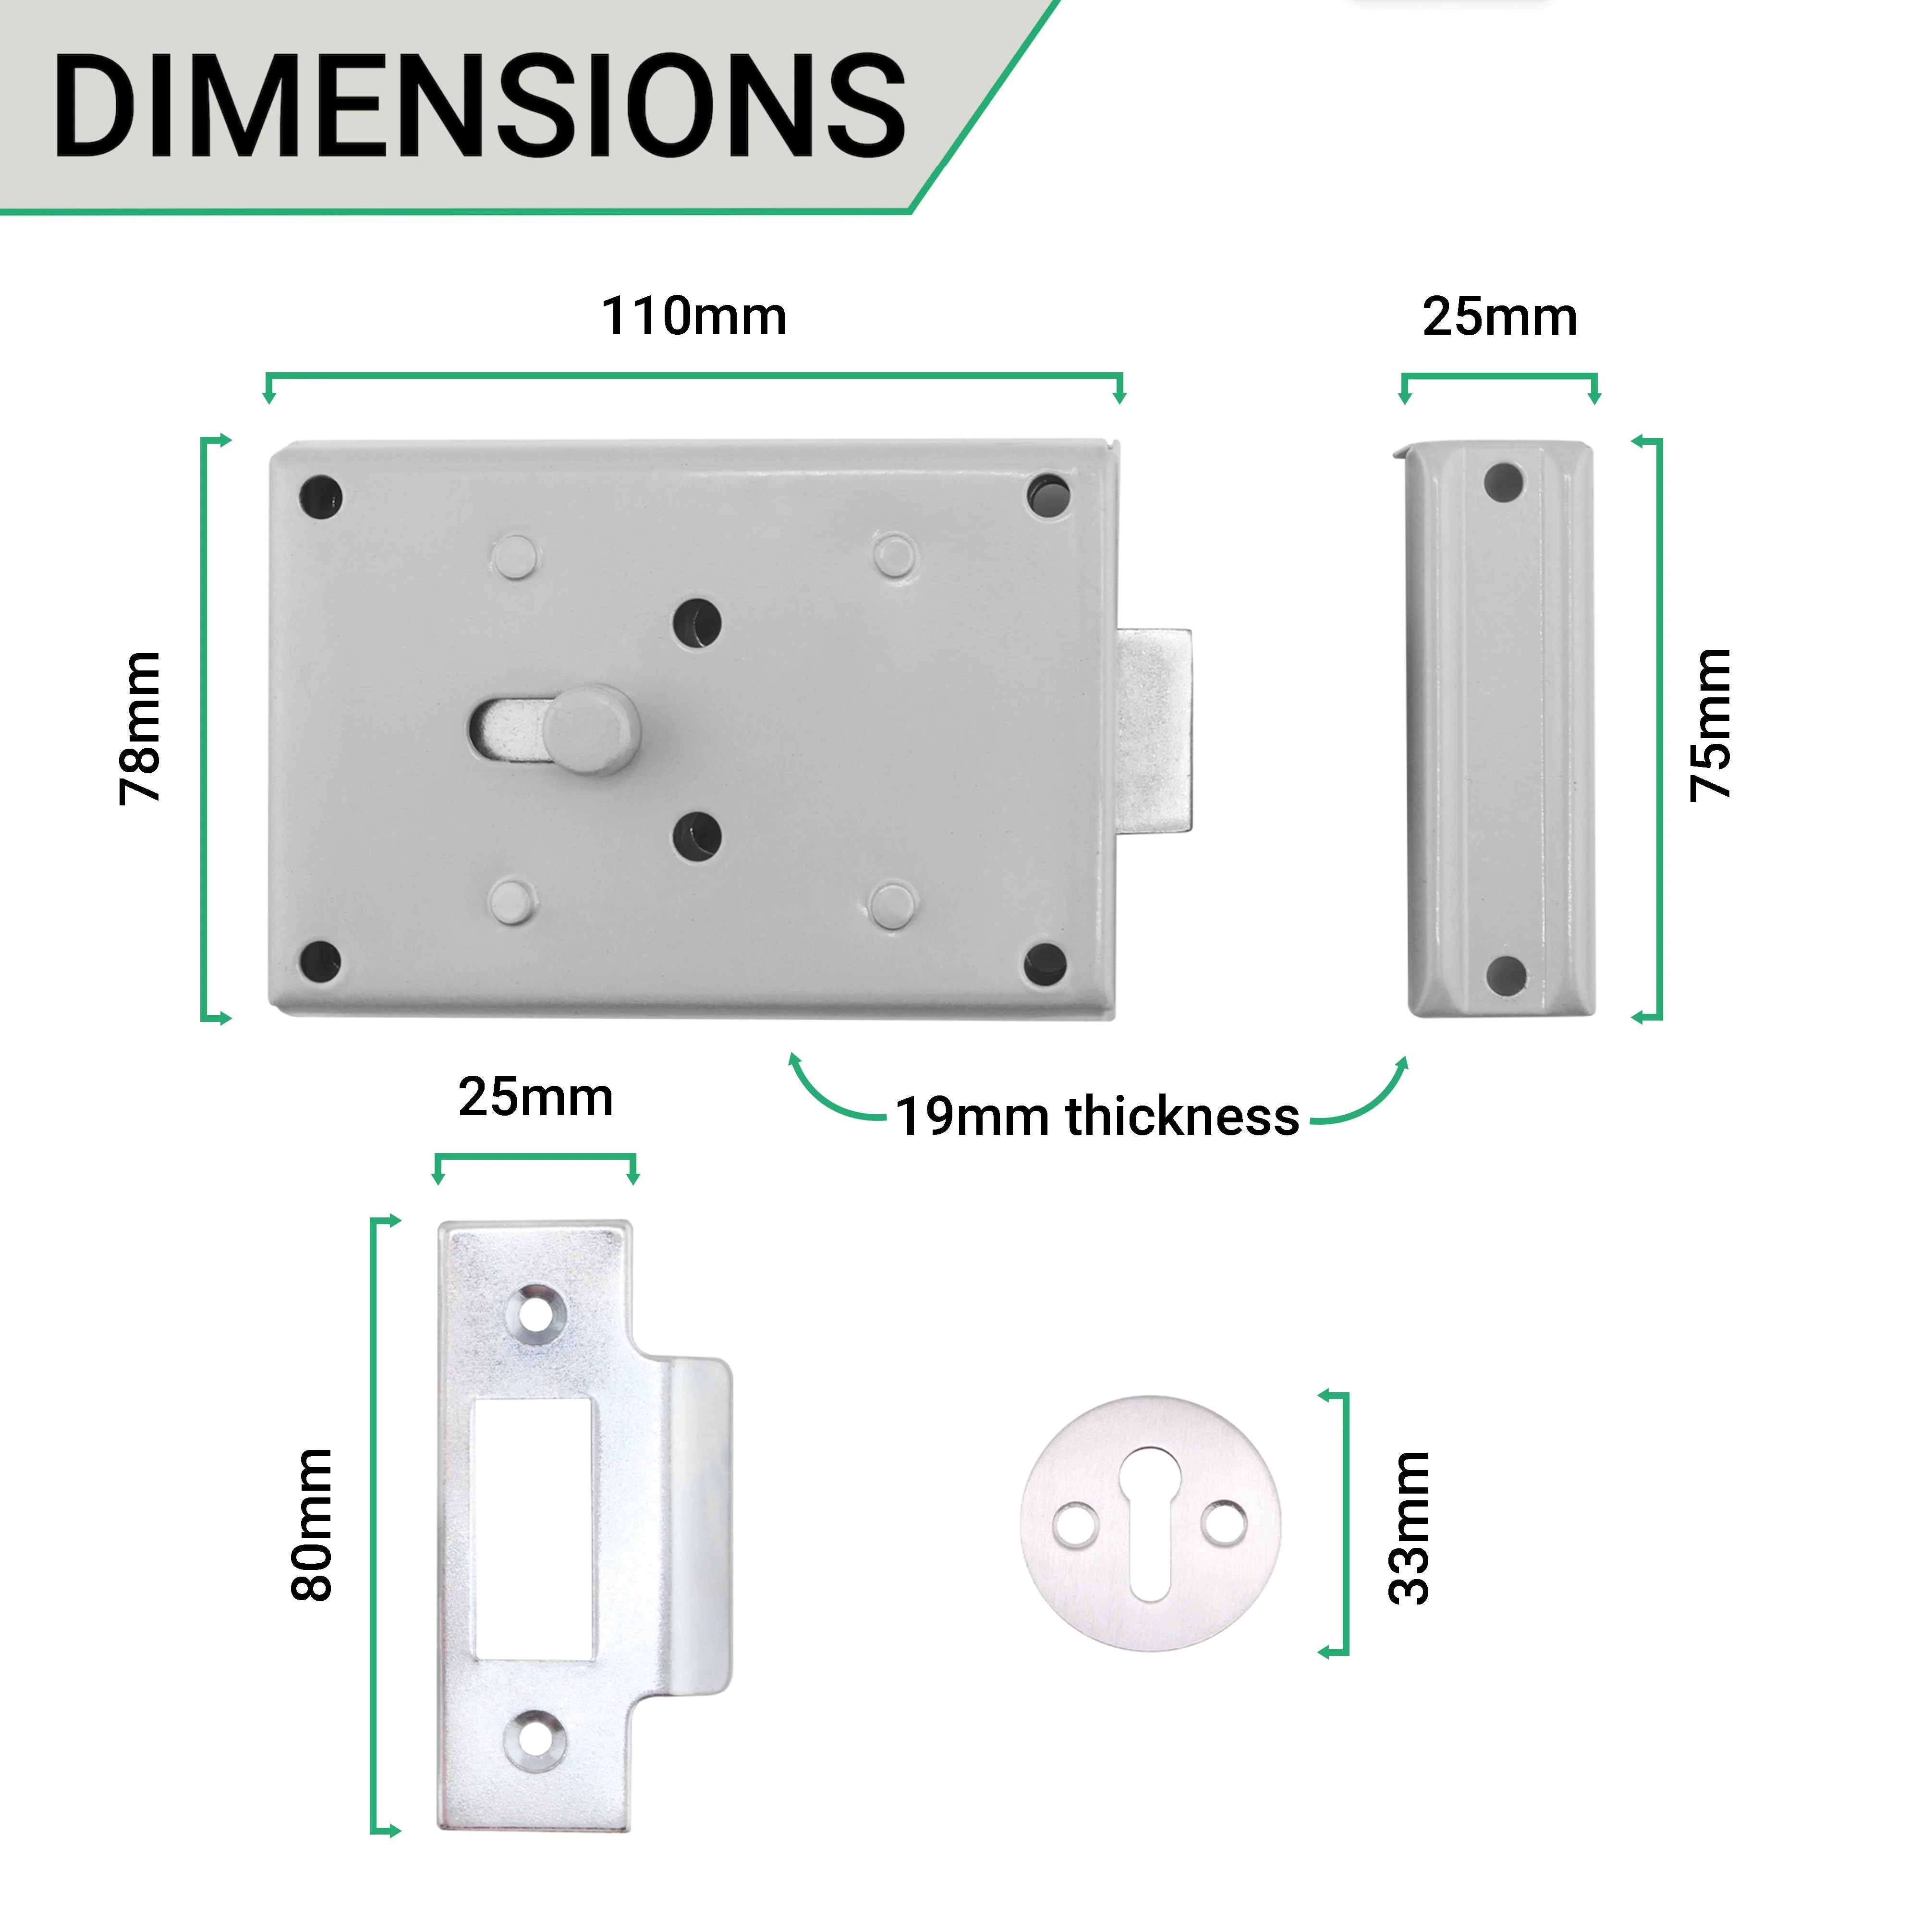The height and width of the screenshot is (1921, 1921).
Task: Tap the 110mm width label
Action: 694,316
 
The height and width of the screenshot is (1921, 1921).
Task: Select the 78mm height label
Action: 139,728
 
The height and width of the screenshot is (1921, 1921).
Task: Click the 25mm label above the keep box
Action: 1499,317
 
